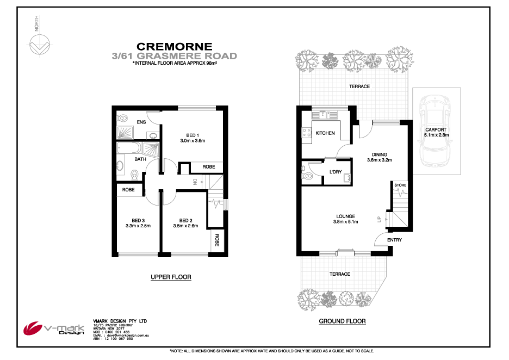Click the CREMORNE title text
coord(174,47)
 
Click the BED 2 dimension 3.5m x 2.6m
coord(187,226)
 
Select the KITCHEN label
coord(325,133)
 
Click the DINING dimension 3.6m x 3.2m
coord(379,160)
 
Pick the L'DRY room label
coord(335,172)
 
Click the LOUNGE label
coord(346,216)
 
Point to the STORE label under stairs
coord(400,186)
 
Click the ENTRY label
coord(395,240)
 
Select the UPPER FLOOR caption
coord(171,277)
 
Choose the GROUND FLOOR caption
coord(342,321)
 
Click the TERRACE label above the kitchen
coord(359,86)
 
